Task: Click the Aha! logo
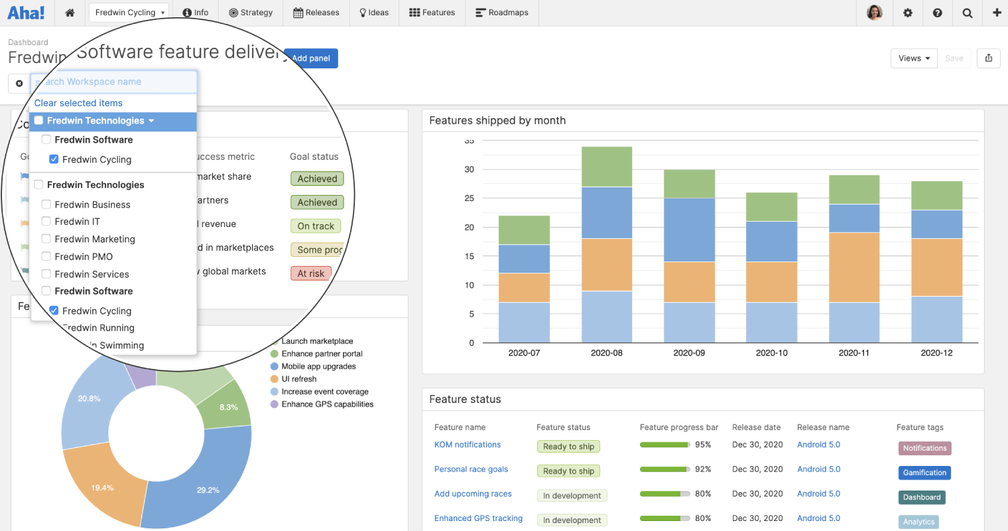(26, 13)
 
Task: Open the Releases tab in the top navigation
(316, 13)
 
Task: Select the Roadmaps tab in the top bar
(502, 13)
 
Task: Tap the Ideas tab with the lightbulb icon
(374, 13)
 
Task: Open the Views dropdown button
(913, 58)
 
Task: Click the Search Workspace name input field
(114, 82)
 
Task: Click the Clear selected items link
(78, 103)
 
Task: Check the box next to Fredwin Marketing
(46, 239)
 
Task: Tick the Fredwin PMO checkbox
(46, 256)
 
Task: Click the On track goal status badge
(316, 226)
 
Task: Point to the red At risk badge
(310, 273)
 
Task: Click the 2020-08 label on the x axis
(606, 353)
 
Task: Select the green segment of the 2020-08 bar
(606, 167)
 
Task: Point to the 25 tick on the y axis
(469, 198)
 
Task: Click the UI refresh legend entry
(298, 379)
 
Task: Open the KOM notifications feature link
(468, 445)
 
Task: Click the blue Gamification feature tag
(924, 473)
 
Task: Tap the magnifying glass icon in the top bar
(967, 13)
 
